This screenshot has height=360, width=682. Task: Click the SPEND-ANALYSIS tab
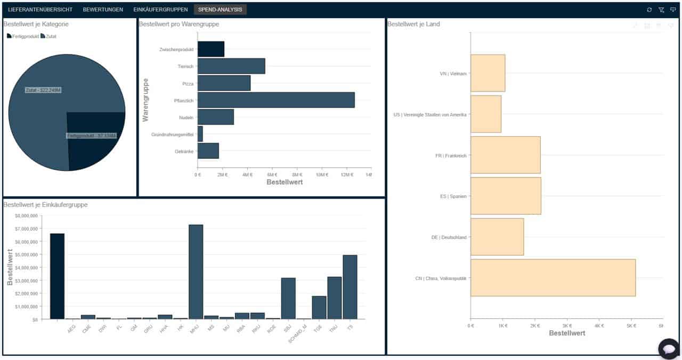[x=220, y=10]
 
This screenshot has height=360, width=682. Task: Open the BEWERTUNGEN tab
[x=103, y=10]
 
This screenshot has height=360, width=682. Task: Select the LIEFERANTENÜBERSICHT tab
[x=40, y=10]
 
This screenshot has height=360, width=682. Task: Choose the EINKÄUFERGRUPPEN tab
[x=160, y=10]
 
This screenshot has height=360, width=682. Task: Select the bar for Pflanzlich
[x=275, y=100]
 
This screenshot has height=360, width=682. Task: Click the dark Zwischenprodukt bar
[x=210, y=50]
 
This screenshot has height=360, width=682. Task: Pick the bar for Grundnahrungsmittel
[x=200, y=134]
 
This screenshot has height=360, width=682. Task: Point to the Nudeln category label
[x=185, y=118]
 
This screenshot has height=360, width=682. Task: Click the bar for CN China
[x=553, y=277]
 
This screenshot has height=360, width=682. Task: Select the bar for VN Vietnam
[x=488, y=73]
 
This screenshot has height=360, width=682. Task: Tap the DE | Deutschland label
[x=449, y=238]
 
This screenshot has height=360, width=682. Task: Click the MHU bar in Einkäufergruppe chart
[x=196, y=272]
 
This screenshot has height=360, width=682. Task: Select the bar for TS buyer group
[x=350, y=287]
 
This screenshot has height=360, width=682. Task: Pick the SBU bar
[x=288, y=298]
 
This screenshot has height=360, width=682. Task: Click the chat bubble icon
[x=668, y=348]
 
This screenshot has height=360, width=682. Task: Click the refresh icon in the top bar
[x=649, y=10]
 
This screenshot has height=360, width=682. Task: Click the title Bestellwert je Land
[x=413, y=24]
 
